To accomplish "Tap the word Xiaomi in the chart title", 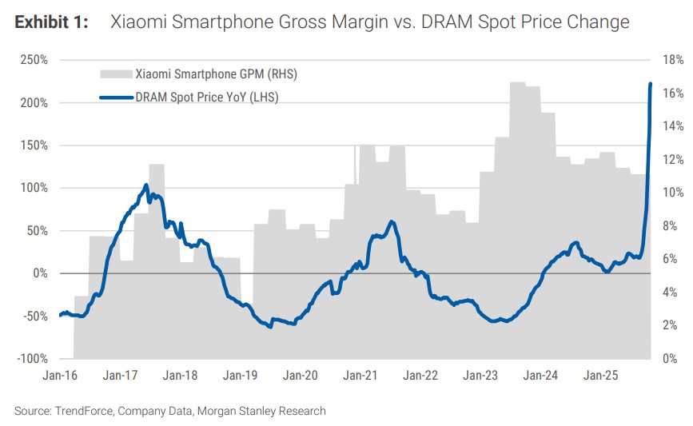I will pos(138,22).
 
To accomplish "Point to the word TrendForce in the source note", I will pos(84,411).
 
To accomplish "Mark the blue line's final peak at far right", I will pos(651,84).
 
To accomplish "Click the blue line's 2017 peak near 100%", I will pos(146,185).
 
